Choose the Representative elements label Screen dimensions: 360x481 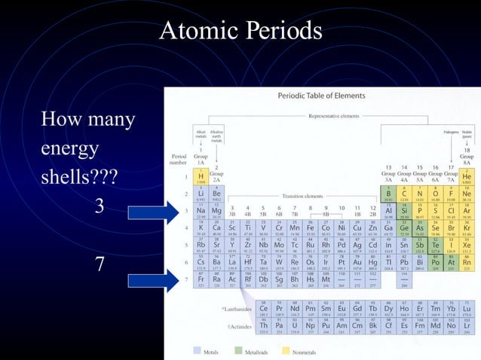[332, 117]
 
